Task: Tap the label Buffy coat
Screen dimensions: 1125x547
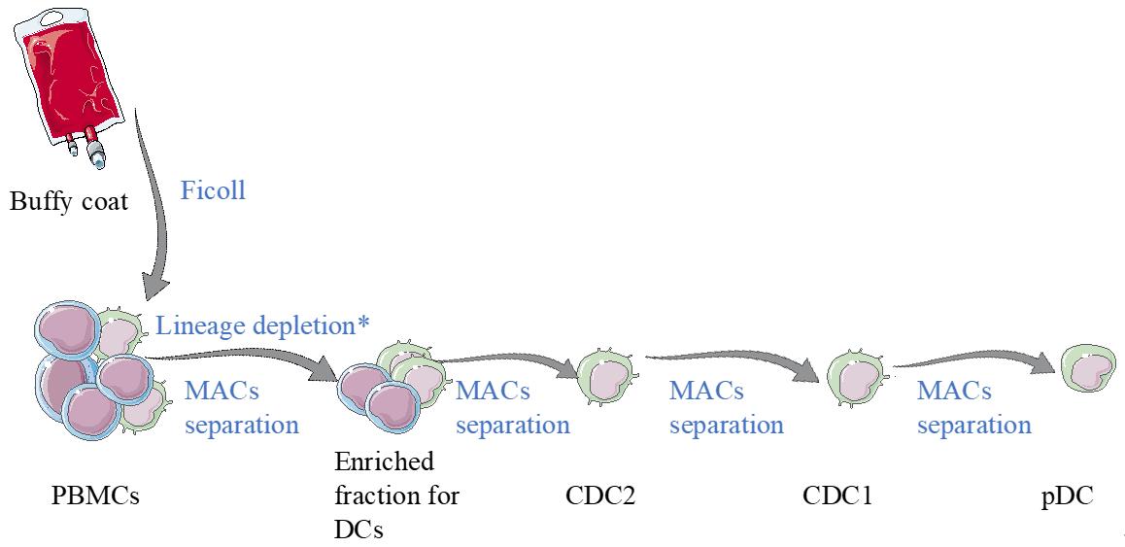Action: [69, 201]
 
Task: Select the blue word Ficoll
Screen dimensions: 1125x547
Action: [213, 190]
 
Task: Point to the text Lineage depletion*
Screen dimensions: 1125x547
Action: [262, 325]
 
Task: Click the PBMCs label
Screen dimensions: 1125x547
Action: [94, 496]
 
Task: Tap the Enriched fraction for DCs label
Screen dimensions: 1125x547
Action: [396, 496]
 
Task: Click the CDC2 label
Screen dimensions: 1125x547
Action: [599, 496]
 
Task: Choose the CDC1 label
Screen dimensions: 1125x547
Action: [836, 496]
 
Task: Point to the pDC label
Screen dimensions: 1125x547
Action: [1067, 496]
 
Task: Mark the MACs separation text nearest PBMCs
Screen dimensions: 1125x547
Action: [241, 407]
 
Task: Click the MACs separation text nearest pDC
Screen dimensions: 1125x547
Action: [974, 407]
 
